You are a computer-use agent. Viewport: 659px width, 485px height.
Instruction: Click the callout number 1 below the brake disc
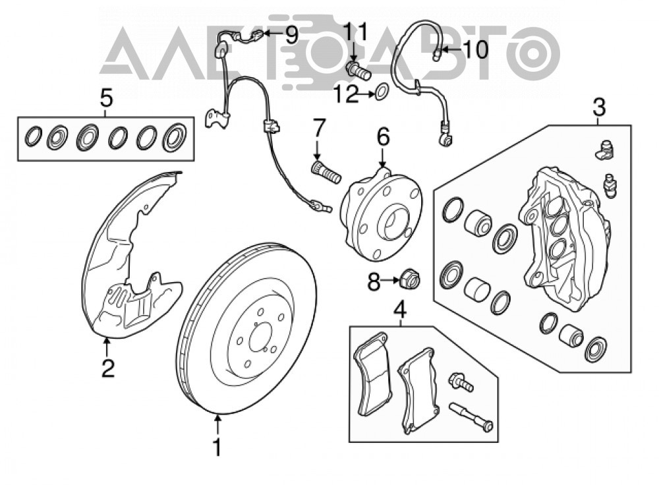tap(217, 447)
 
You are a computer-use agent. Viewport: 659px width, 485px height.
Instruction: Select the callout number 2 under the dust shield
tap(108, 368)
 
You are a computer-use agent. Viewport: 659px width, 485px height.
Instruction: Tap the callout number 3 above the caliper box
tap(599, 107)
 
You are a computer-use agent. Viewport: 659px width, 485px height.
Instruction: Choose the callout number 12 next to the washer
tap(346, 94)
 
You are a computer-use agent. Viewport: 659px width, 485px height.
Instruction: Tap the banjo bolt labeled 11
tap(358, 71)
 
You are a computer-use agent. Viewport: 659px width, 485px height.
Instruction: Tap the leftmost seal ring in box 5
tap(33, 136)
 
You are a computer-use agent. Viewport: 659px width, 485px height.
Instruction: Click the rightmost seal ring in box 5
tap(174, 137)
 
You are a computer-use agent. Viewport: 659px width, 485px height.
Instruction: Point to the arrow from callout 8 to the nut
tap(389, 280)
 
